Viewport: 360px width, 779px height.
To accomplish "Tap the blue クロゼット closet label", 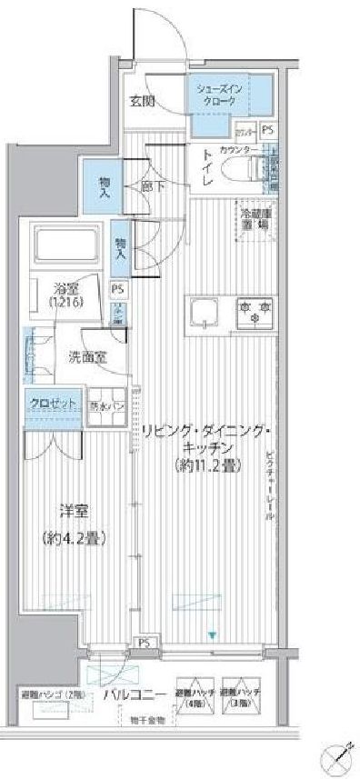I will point(44,403).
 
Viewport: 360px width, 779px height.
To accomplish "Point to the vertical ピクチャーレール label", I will point(270,482).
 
